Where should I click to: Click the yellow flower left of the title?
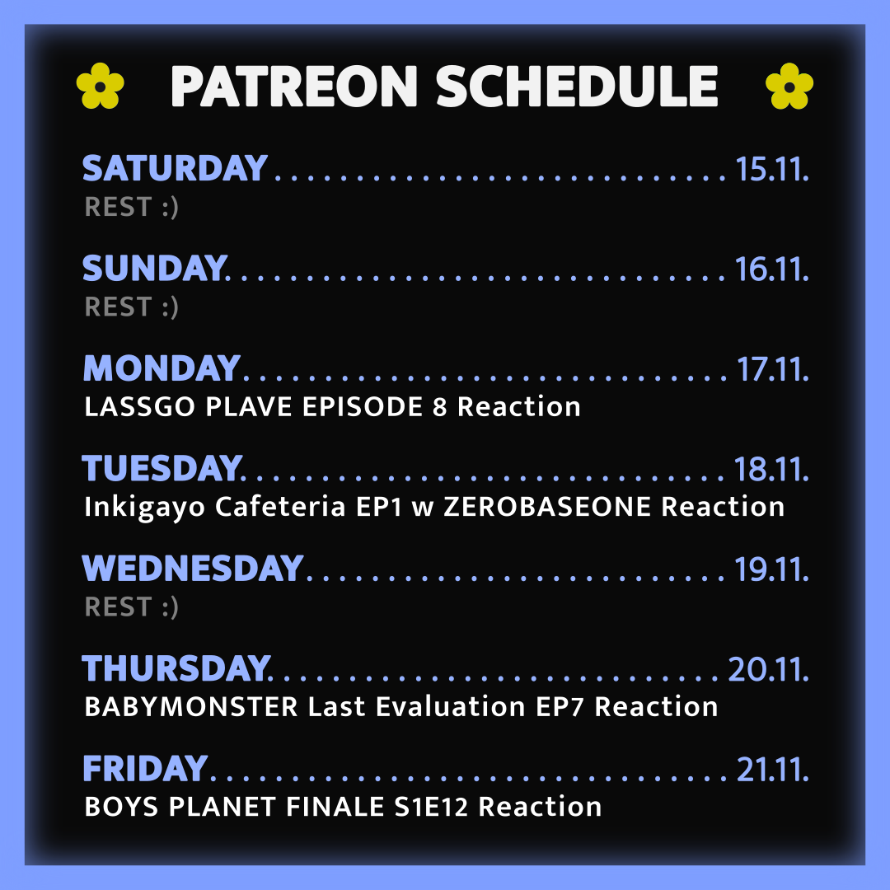coord(101,86)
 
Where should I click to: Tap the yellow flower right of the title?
coord(789,86)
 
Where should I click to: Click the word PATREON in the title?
coord(294,87)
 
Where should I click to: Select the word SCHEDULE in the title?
coord(577,87)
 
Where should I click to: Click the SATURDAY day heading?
coord(175,168)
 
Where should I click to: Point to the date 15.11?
coord(772,169)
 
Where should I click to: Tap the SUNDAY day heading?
coord(155,268)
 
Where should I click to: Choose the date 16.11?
coord(772,269)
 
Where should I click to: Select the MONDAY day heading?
coord(162,368)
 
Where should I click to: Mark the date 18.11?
coord(771,469)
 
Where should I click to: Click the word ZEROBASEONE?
coord(547,507)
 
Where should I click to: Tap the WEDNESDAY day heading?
coord(192,568)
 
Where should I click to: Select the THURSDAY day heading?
coord(176,668)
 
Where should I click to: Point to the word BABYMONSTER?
coord(191,707)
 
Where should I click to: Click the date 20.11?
coord(769,668)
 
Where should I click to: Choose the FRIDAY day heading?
coord(145,769)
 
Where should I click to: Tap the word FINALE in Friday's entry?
coord(335,807)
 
